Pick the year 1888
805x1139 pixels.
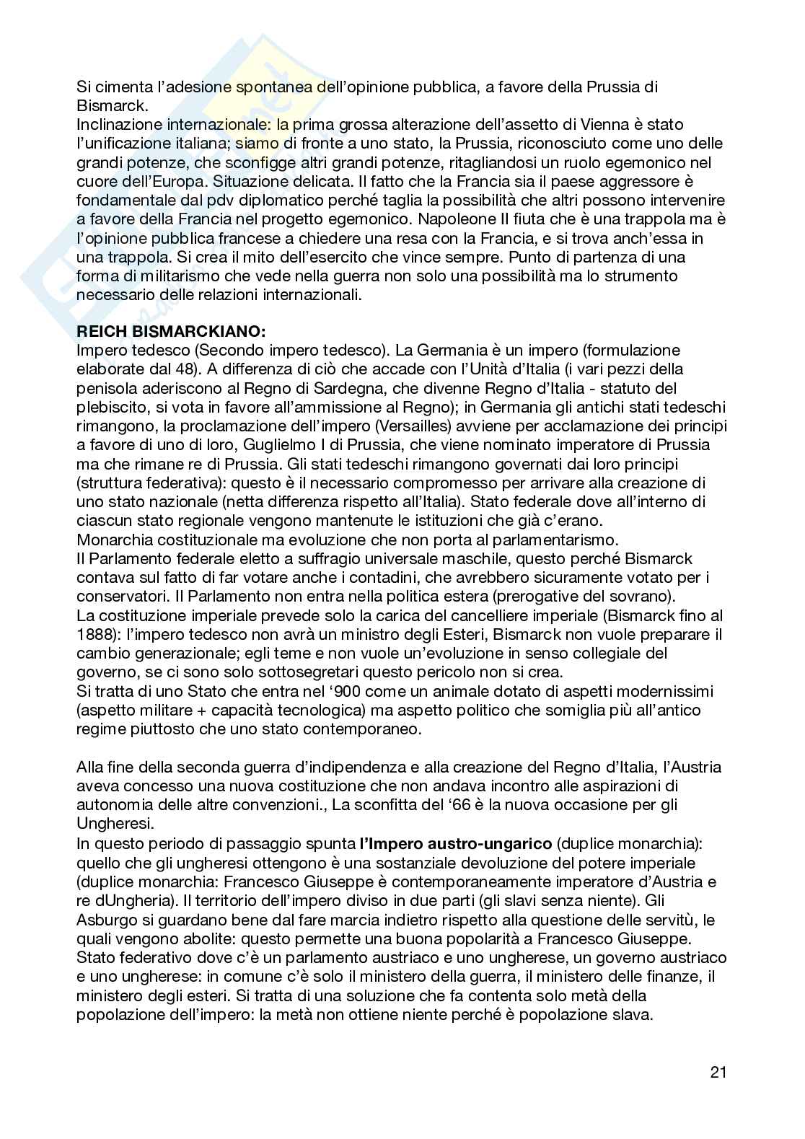click(95, 635)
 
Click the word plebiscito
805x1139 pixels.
click(111, 407)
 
